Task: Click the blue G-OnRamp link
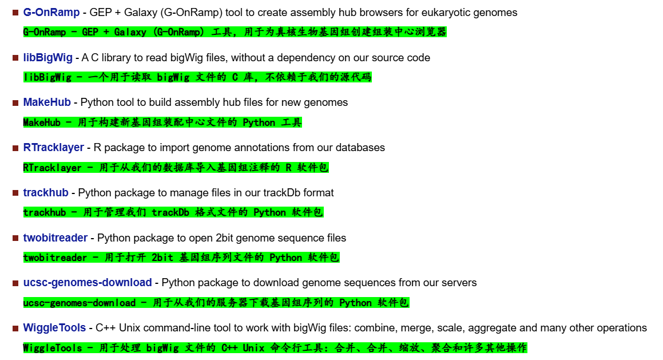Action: pos(51,13)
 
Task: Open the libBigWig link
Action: pos(48,58)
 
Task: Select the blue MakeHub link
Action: pos(47,102)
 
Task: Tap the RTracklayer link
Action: pos(54,148)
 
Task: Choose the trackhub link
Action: pos(46,193)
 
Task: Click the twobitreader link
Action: pos(55,238)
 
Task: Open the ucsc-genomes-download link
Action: pos(88,283)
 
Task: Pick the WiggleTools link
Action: pos(54,328)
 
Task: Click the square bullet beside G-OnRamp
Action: pos(15,13)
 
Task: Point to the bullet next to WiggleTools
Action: pos(15,329)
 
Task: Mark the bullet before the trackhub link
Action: pos(15,193)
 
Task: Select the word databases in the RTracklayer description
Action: pos(360,148)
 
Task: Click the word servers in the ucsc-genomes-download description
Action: pos(458,283)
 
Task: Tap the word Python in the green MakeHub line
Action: pos(259,122)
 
